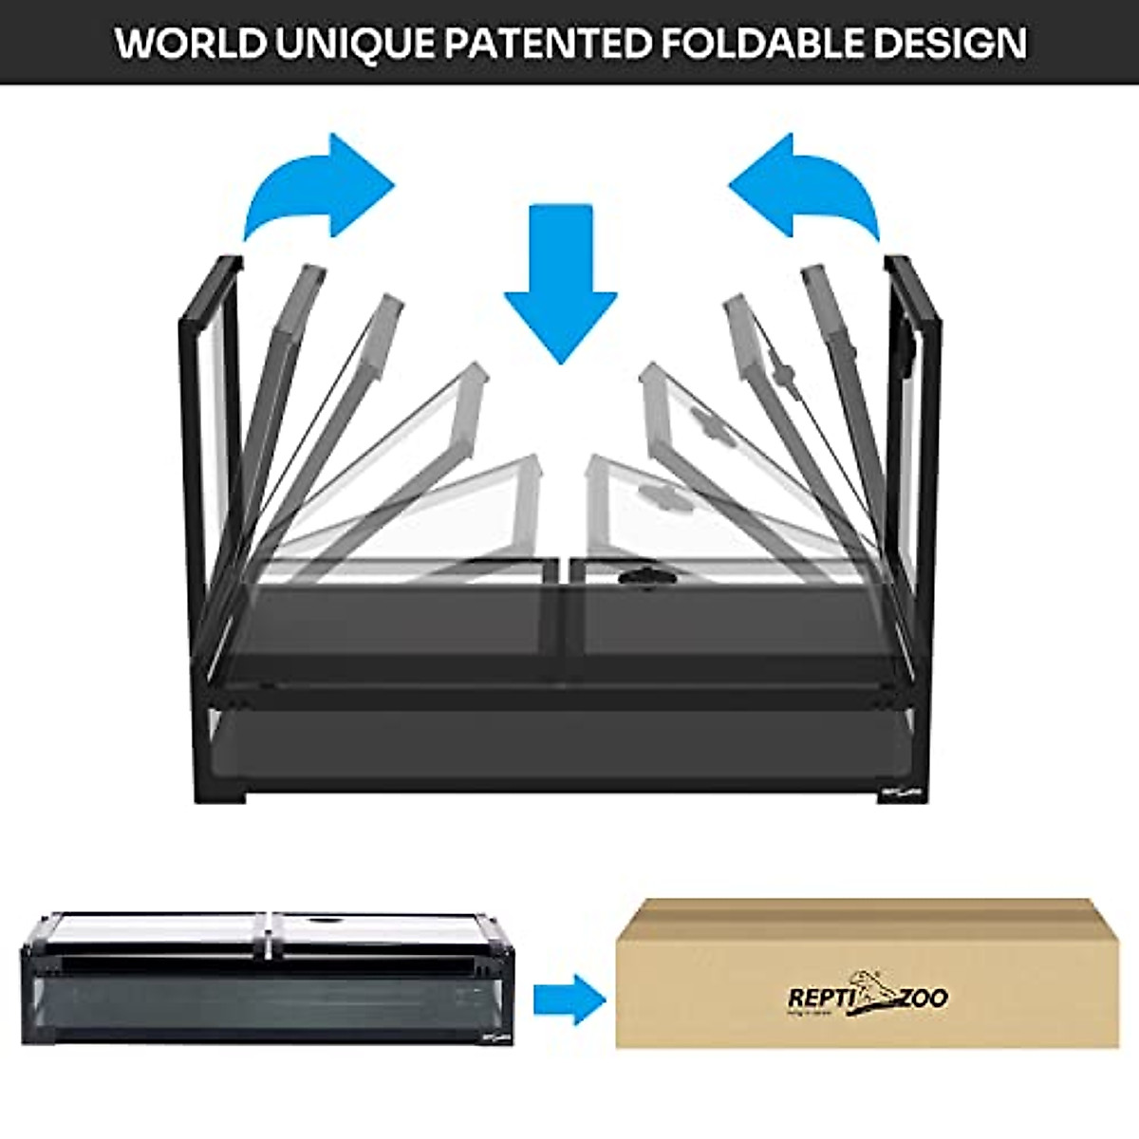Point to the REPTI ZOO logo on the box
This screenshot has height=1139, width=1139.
[x=867, y=999]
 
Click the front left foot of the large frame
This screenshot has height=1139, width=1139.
[x=231, y=774]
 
